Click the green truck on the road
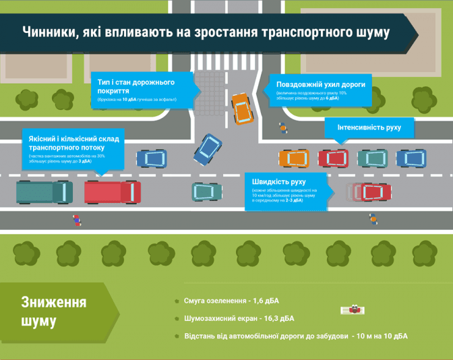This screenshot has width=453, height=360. (44, 191)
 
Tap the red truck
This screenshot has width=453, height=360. (112, 191)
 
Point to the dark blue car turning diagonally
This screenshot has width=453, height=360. (208, 149)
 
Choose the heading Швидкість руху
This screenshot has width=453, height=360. (279, 182)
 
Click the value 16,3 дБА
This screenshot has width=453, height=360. (276, 318)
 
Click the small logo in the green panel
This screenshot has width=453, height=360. (352, 310)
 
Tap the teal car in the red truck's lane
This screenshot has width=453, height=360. (206, 191)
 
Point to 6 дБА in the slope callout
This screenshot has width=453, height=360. (332, 98)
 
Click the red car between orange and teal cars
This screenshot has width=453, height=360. (333, 158)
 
